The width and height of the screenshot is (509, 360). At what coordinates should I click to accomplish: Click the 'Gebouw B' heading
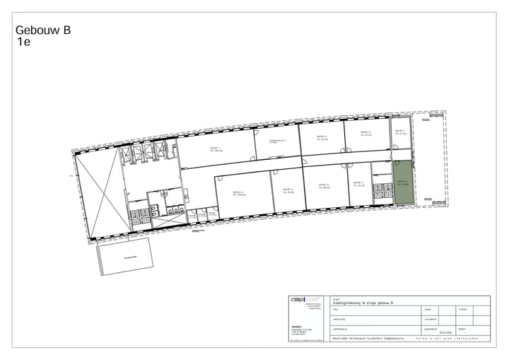click(42, 30)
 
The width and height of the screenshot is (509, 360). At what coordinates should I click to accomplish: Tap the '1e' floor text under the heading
click(24, 42)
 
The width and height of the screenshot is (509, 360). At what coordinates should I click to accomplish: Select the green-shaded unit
click(403, 182)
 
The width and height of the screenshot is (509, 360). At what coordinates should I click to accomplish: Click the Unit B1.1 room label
click(216, 149)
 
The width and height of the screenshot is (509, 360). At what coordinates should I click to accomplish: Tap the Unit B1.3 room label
click(287, 190)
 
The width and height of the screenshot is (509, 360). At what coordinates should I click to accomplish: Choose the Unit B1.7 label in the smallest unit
click(400, 132)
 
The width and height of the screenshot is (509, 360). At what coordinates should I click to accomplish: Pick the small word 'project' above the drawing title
click(336, 298)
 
